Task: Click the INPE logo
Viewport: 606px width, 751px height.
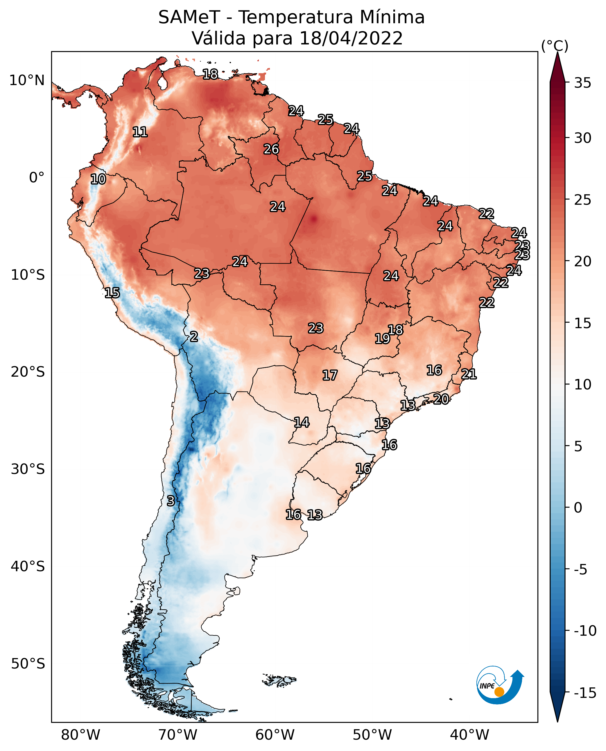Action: (x=500, y=685)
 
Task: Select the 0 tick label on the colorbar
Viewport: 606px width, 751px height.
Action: (x=578, y=507)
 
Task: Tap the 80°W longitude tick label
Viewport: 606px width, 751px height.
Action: (x=81, y=735)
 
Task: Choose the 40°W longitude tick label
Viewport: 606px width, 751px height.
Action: (x=469, y=735)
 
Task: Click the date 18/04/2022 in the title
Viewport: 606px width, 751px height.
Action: (x=351, y=38)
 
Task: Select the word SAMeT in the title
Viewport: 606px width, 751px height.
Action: (x=189, y=17)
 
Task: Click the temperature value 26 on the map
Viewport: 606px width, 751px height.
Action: (x=271, y=149)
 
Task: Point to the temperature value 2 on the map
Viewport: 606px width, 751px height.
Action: (x=194, y=337)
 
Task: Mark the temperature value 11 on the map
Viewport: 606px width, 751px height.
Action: (x=140, y=132)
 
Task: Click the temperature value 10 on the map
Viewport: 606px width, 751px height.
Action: (x=98, y=179)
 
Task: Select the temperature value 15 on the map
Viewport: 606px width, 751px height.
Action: (x=112, y=293)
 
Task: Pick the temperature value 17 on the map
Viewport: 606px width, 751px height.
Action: (x=329, y=375)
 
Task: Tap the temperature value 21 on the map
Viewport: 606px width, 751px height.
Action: (x=469, y=374)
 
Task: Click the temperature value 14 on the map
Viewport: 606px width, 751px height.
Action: (x=302, y=422)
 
